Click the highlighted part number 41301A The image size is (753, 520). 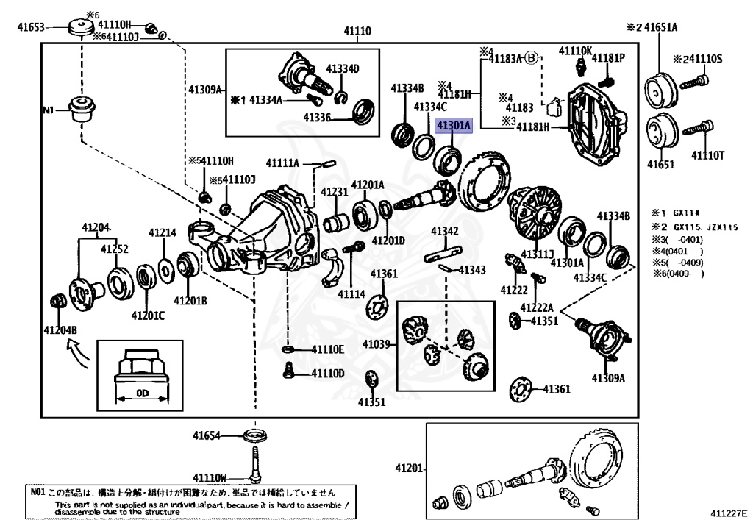(453, 126)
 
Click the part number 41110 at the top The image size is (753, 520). (357, 31)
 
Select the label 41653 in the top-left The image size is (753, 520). (32, 28)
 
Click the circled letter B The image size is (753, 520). (532, 57)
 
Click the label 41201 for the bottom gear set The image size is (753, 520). (409, 468)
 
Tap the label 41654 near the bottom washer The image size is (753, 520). (207, 435)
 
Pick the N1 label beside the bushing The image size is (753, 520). (49, 110)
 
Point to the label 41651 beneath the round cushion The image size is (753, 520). (660, 164)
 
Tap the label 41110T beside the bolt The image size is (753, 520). (708, 155)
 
